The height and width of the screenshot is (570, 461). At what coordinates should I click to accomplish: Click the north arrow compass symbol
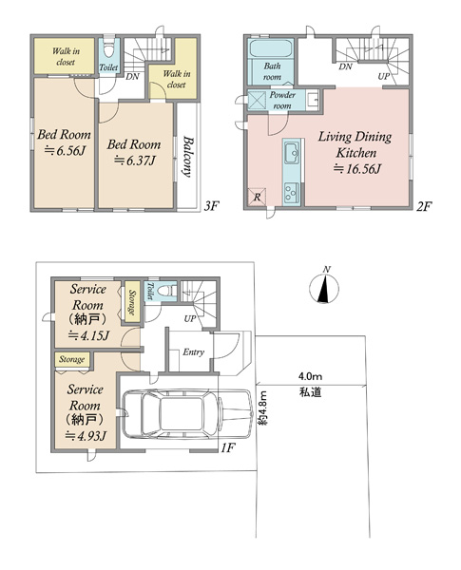click(324, 287)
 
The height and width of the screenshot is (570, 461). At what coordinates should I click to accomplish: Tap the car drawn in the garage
click(188, 413)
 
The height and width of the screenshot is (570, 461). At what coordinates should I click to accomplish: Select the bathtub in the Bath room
click(271, 48)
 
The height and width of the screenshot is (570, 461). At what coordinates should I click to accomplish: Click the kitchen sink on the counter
click(292, 153)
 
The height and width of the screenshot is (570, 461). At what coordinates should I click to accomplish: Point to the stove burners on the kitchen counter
click(292, 192)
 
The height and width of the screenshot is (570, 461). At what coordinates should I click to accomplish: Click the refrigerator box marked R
click(257, 198)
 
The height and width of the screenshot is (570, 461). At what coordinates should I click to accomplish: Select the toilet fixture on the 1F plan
click(167, 291)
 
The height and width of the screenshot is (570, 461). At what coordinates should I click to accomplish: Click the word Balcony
click(187, 157)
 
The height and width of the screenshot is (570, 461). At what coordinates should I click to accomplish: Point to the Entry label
click(193, 351)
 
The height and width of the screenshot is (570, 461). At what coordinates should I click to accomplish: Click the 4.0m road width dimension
click(310, 376)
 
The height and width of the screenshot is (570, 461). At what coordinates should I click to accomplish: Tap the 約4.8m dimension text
click(264, 408)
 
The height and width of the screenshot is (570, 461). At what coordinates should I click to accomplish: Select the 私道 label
click(310, 391)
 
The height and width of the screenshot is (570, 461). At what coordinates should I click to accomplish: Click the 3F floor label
click(211, 206)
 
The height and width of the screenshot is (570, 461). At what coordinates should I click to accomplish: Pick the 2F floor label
click(424, 206)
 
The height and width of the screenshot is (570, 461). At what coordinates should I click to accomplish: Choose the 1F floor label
click(228, 447)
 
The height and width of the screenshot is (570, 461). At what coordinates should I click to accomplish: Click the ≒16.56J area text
click(357, 169)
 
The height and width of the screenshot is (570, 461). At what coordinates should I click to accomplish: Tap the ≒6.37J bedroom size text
click(135, 160)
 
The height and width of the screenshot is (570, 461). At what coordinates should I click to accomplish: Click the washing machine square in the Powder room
click(258, 101)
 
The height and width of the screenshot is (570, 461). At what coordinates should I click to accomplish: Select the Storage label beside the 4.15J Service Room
click(132, 302)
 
